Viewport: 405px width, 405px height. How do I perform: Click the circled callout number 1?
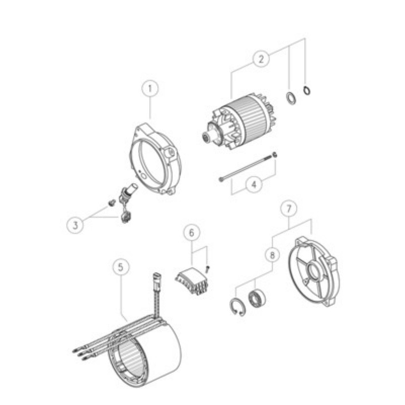pyautogui.click(x=150, y=89)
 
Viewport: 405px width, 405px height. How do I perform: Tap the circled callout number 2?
pyautogui.click(x=261, y=59)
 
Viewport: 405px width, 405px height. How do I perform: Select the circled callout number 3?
pyautogui.click(x=75, y=225)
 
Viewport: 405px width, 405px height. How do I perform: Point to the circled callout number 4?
pyautogui.click(x=254, y=185)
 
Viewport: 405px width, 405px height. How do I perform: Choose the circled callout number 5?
pyautogui.click(x=121, y=267)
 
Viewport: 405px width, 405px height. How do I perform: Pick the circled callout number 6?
pyautogui.click(x=191, y=232)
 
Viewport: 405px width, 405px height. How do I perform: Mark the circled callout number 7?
pyautogui.click(x=289, y=208)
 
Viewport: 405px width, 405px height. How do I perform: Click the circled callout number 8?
pyautogui.click(x=272, y=256)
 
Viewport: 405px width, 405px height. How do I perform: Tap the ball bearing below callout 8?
pyautogui.click(x=257, y=299)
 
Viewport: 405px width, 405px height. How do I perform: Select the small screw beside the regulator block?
pyautogui.click(x=208, y=269)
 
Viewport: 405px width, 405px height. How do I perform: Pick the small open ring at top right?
pyautogui.click(x=307, y=91)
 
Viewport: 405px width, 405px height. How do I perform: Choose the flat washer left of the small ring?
pyautogui.click(x=291, y=98)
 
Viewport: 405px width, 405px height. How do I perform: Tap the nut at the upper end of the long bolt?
pyautogui.click(x=275, y=155)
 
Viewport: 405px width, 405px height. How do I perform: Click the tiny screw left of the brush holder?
pyautogui.click(x=111, y=203)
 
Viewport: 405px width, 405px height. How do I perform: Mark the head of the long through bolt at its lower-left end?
pyautogui.click(x=221, y=179)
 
